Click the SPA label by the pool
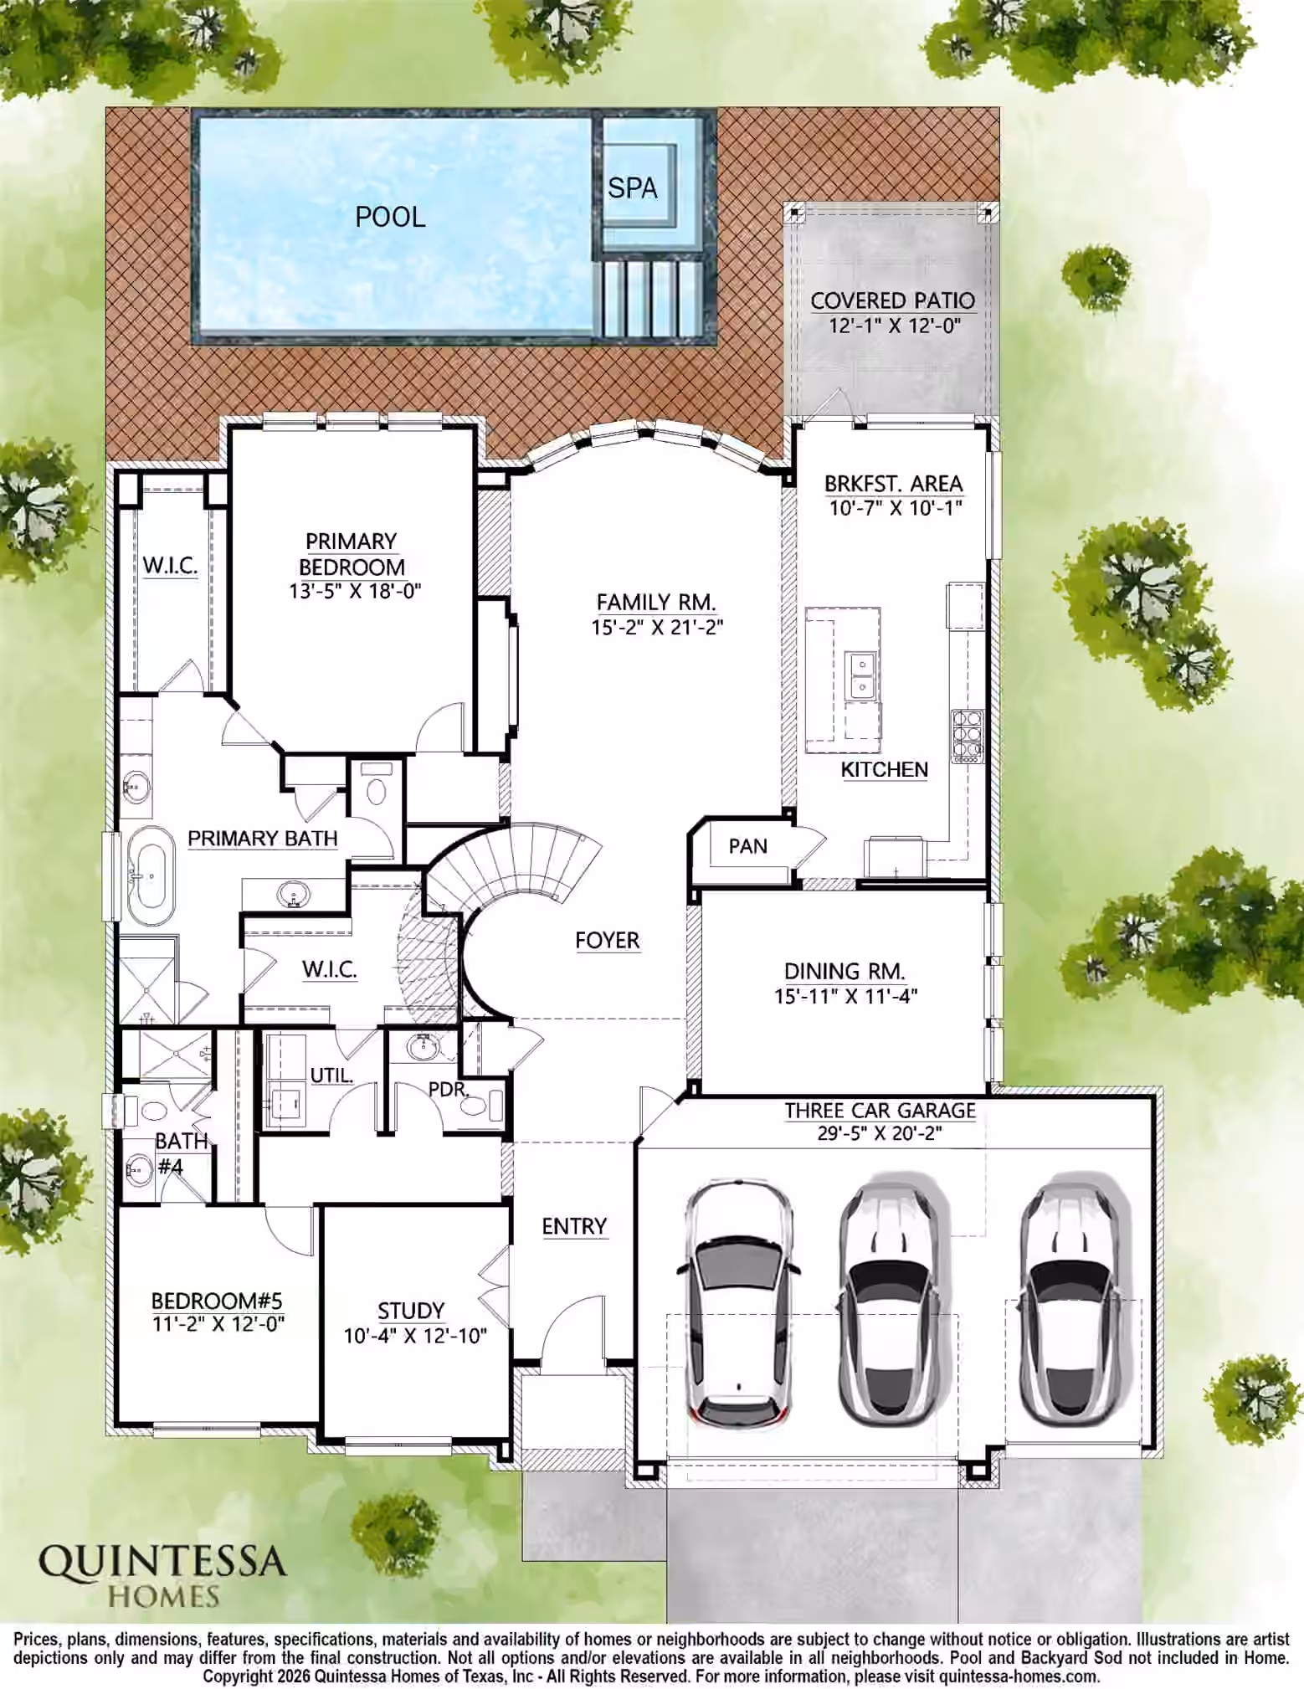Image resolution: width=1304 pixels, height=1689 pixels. coord(632,188)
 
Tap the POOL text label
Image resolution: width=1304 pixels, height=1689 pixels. coord(390,217)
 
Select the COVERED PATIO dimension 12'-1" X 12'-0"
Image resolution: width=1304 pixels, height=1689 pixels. coord(894,325)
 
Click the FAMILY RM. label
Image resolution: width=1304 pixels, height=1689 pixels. coord(656,602)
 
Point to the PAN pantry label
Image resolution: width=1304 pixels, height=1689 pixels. coord(747,846)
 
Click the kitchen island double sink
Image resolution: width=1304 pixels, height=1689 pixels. coord(861,675)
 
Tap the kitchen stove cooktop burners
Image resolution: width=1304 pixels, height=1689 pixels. coord(967,736)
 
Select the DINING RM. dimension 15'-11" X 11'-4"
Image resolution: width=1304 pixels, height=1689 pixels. coord(845,996)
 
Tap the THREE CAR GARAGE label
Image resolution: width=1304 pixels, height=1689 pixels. coord(880,1111)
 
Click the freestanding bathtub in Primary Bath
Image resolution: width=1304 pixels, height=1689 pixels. coord(151,875)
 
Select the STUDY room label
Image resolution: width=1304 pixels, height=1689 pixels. coord(410,1310)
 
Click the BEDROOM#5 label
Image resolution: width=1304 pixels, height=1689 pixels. coord(217,1301)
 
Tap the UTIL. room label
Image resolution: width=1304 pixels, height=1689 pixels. coord(331,1076)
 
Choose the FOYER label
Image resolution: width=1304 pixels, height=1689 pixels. coord(607,940)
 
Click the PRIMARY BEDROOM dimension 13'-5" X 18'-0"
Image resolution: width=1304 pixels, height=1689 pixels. coord(355,591)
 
